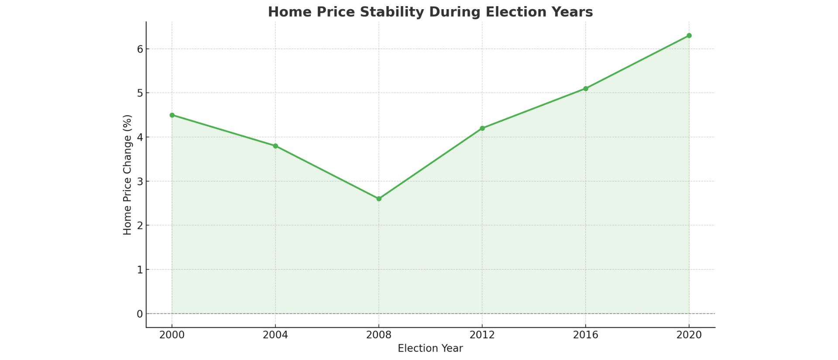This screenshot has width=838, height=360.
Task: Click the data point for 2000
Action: click(172, 115)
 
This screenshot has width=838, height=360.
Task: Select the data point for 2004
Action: click(275, 146)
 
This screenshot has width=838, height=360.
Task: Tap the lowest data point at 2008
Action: click(379, 199)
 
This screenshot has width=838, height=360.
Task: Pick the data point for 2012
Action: click(482, 128)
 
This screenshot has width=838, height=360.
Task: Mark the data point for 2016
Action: click(586, 89)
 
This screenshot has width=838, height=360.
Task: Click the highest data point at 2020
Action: click(689, 36)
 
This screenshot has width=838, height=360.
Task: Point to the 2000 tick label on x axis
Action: click(172, 335)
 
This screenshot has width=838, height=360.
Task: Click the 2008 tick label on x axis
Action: click(379, 335)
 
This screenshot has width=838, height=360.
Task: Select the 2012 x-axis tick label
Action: click(482, 335)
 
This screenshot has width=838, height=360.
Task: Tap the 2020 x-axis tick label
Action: click(689, 335)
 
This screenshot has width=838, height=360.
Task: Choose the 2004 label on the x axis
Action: click(275, 335)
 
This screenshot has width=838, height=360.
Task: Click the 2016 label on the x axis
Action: click(586, 335)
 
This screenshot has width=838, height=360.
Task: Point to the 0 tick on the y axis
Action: click(140, 314)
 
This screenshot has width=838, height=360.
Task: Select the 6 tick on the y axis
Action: click(140, 49)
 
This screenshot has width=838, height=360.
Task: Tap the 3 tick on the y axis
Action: click(140, 181)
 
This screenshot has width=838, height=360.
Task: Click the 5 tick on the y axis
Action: click(140, 93)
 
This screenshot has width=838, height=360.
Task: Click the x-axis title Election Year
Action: click(430, 349)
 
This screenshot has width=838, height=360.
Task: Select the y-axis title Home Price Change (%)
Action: click(127, 175)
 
